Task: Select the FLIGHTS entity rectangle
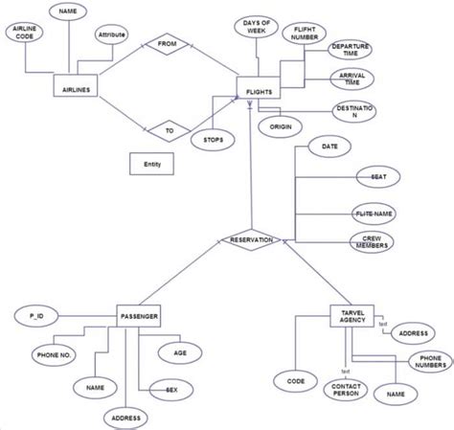click(258, 92)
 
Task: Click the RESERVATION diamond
click(251, 240)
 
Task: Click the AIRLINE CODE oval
click(24, 34)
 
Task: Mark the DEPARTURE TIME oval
click(351, 50)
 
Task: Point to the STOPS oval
click(211, 140)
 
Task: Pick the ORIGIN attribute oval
click(281, 126)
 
